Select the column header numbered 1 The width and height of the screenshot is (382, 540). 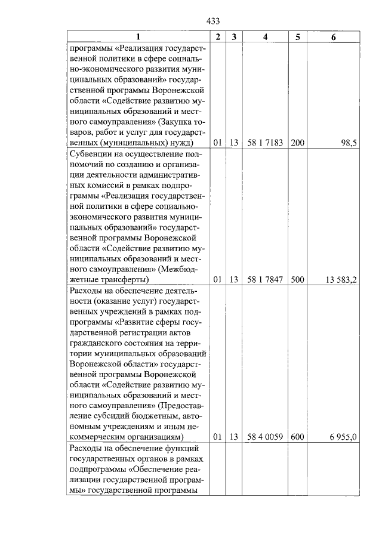pos(137,37)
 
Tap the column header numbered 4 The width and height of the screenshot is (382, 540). pos(265,37)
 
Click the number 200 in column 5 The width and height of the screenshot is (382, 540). pos(297,143)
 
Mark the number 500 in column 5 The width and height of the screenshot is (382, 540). pos(297,279)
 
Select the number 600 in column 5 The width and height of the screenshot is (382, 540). pos(297,437)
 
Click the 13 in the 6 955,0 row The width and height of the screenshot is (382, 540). pos(234,437)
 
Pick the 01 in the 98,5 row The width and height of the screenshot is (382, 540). pos(218,143)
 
